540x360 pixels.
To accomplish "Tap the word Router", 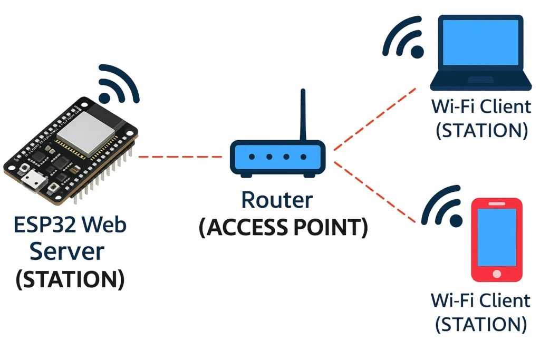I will pyautogui.click(x=276, y=200).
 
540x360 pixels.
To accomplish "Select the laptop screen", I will pyautogui.click(x=480, y=43).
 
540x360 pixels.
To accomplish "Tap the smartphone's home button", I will pyautogui.click(x=496, y=274).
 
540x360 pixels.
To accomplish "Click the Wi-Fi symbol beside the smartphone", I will pyautogui.click(x=443, y=208).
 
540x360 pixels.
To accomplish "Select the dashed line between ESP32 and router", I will pyautogui.click(x=179, y=157).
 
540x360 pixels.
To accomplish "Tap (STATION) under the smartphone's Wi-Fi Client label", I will pyautogui.click(x=481, y=324).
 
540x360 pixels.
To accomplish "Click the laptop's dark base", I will pyautogui.click(x=480, y=82).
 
